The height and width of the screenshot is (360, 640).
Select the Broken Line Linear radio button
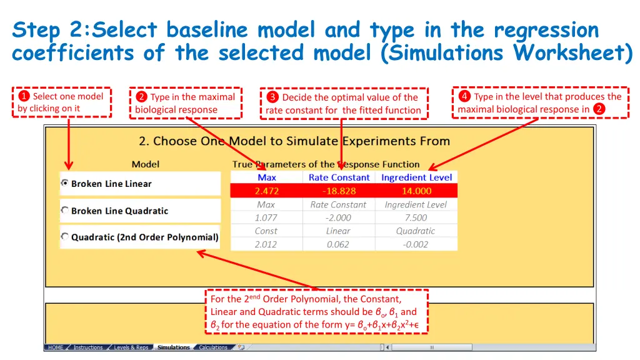64,183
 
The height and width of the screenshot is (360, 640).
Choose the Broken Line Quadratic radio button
64,211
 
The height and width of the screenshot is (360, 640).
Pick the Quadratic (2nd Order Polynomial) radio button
64,237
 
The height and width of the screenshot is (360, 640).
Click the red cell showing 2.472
266,191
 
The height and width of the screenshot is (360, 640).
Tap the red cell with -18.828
339,191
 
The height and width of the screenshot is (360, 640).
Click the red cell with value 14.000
416,191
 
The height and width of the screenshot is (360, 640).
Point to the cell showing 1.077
266,218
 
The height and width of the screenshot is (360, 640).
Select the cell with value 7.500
416,218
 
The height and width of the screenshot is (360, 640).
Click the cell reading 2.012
266,244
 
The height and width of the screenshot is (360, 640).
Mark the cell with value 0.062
339,244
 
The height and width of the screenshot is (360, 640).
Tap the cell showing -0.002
416,244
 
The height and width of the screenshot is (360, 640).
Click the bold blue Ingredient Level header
416,177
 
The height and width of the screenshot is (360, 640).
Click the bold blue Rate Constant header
339,177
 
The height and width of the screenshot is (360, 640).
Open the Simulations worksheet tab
174,347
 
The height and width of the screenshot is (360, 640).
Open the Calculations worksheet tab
213,347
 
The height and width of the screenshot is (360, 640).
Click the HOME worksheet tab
56,347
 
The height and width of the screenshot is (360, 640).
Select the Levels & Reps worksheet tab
131,347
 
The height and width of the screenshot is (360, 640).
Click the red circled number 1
24,96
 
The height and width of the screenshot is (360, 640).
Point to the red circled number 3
272,97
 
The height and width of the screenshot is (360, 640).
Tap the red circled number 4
464,96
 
